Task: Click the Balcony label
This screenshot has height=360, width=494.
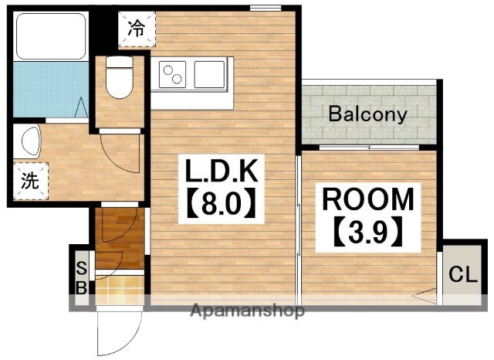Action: point(367,114)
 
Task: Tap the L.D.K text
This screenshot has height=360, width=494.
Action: point(222,171)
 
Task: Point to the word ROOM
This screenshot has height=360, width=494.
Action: point(367,199)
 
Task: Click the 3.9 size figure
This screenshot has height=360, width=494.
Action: point(367,232)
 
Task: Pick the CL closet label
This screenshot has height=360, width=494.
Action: point(463,275)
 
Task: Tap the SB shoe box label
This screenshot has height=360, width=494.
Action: point(81,278)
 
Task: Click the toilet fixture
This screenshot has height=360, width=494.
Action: point(119,77)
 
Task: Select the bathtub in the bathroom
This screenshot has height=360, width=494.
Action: point(51,36)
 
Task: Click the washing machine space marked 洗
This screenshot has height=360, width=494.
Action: point(31,181)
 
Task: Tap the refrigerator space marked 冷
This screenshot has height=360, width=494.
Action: point(137,29)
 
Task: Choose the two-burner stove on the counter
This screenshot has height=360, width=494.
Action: point(172,74)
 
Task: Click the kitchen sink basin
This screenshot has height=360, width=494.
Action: point(209,74)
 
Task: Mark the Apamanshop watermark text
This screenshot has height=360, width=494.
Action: point(247,311)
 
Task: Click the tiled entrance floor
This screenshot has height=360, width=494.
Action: point(120,290)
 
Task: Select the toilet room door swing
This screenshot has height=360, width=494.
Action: point(120,152)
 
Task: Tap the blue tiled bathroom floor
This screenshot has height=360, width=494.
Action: point(50,89)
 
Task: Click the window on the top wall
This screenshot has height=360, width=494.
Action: point(266,8)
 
